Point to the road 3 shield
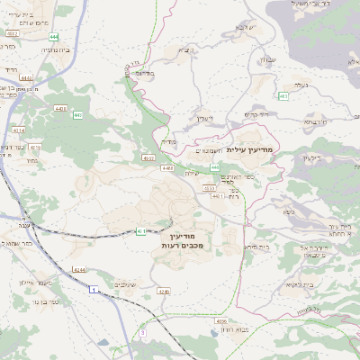coord(141,333)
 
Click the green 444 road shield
coord(54,36)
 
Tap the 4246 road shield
coord(163,292)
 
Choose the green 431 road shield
coord(141,231)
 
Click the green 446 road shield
coord(215,167)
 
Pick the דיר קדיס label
coord(259,115)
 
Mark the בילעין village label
coord(311,158)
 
